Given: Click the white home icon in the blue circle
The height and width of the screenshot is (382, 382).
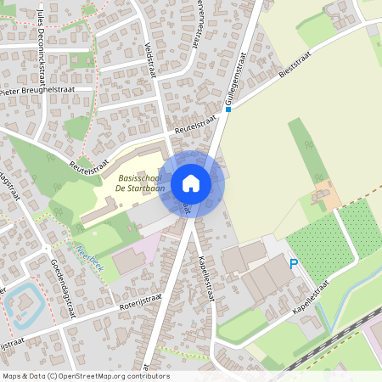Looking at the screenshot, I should [191, 183].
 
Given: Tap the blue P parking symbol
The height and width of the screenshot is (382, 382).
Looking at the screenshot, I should [294, 265].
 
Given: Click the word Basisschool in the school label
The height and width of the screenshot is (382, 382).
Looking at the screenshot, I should [138, 178].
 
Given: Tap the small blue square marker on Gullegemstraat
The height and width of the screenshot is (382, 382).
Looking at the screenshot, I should [228, 109].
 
